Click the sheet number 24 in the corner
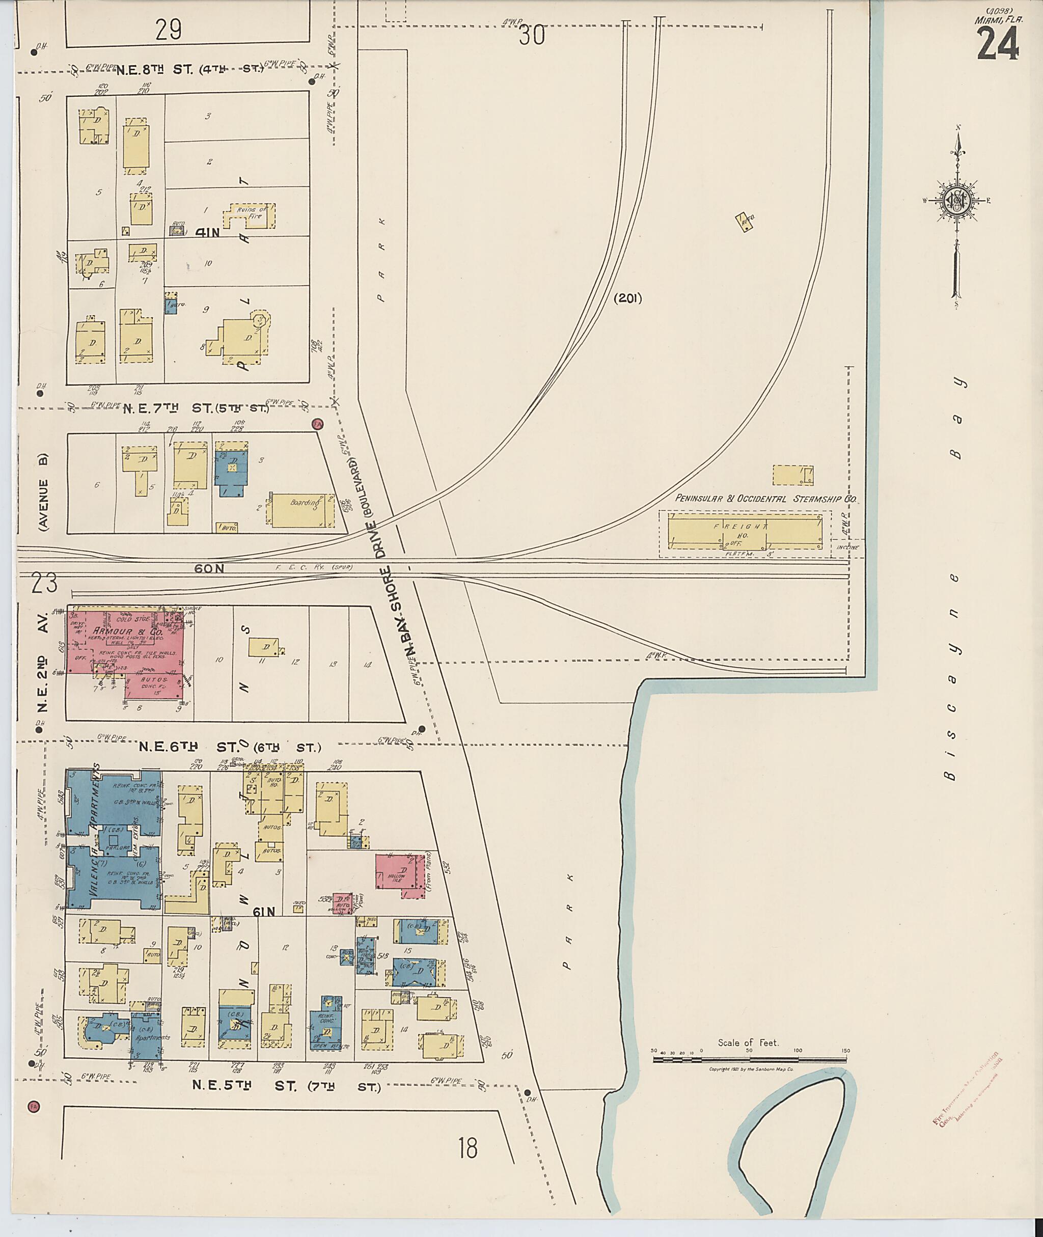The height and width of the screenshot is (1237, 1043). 998,44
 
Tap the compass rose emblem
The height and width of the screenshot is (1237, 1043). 955,201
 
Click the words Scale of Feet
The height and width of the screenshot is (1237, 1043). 748,1042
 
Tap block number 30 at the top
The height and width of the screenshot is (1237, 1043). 531,37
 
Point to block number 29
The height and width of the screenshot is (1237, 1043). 169,29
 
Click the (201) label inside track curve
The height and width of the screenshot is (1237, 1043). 627,298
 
